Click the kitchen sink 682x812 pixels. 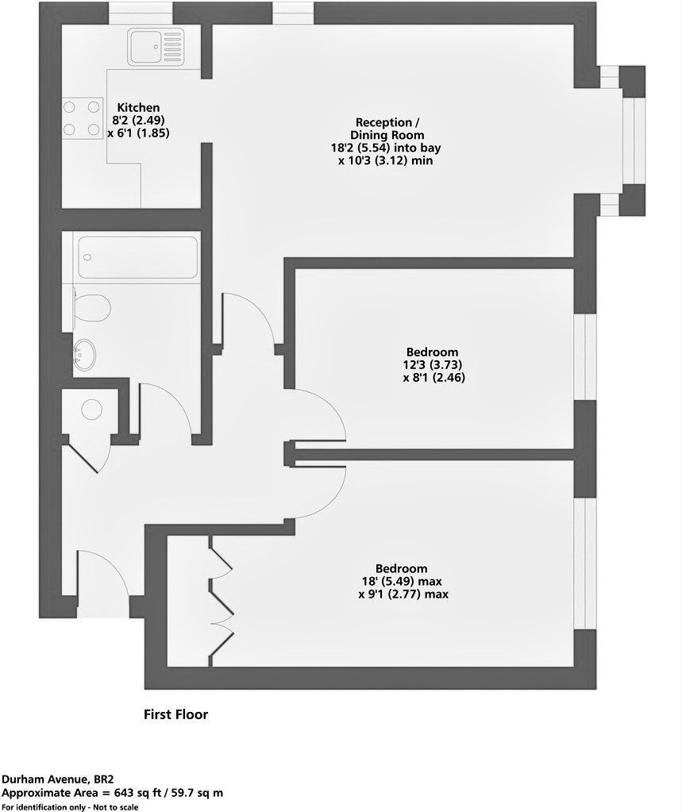tap(155, 47)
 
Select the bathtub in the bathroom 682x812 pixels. tap(138, 257)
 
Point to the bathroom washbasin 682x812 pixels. tap(85, 352)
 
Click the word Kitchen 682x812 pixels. tap(139, 107)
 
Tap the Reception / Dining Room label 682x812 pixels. tap(387, 129)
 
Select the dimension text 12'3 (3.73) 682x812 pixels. tap(433, 365)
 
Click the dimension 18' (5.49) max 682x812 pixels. tap(402, 581)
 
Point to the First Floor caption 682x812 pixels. tap(175, 714)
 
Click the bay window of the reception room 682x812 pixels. tap(631, 140)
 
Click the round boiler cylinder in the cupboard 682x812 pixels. tap(92, 409)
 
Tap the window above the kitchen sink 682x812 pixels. tap(141, 13)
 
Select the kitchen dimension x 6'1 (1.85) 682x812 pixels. tap(139, 134)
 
